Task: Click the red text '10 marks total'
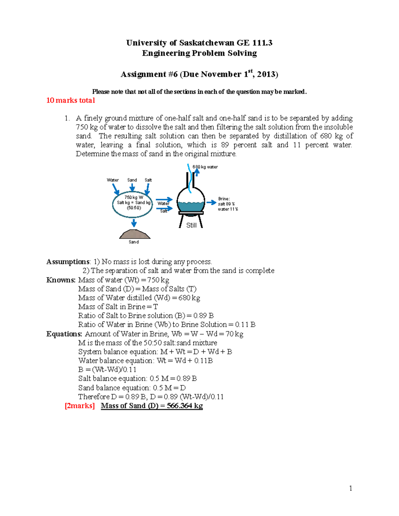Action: point(70,100)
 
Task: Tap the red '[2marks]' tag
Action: point(80,406)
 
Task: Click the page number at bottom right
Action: point(350,488)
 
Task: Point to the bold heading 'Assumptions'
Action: point(68,262)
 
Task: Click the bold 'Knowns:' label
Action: point(61,280)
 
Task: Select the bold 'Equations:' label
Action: point(64,334)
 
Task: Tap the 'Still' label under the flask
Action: point(191,225)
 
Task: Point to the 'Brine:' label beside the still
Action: point(224,199)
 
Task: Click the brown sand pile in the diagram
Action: point(135,234)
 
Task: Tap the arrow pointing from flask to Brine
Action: point(211,202)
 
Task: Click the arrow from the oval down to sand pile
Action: point(134,222)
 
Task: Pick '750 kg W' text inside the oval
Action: point(134,197)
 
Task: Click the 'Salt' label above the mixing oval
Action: point(148,180)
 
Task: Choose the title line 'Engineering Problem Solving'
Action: point(199,53)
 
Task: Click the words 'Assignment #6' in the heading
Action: point(149,74)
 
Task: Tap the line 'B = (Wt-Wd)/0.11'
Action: point(107,369)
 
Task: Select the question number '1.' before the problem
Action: point(67,118)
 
